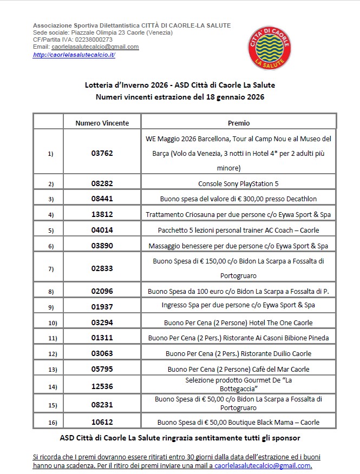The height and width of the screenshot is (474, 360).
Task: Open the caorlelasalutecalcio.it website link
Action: tap(74, 55)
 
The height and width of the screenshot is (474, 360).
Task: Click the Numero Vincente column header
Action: tap(102, 123)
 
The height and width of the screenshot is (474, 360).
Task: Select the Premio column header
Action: tap(239, 123)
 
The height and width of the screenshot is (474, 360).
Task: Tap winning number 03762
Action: tap(102, 153)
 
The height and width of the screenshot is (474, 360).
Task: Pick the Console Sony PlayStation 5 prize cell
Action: tap(239, 183)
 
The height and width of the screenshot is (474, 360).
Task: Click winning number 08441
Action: tap(102, 199)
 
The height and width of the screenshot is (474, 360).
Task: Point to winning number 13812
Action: tap(102, 214)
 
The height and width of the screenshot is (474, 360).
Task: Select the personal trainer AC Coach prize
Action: tap(239, 230)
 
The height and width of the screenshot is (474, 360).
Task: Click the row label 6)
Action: tap(51, 246)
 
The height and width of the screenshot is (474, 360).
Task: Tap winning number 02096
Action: tap(102, 291)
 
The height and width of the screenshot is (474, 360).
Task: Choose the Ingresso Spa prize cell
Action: tap(239, 305)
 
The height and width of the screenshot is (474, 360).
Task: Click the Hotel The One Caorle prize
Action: tap(239, 322)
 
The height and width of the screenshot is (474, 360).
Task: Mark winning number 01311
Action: tap(102, 338)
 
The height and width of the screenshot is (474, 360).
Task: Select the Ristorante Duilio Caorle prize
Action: tap(239, 353)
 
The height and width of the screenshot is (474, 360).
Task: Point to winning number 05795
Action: tap(102, 370)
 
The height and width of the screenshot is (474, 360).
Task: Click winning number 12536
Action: tap(102, 386)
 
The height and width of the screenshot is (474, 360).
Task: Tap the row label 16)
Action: tap(51, 422)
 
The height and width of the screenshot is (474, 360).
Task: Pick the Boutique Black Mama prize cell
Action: tap(239, 422)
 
